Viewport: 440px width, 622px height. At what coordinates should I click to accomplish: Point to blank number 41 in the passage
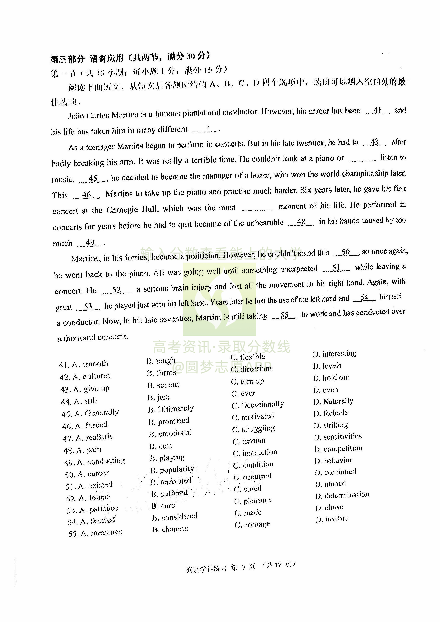[x=378, y=110]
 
